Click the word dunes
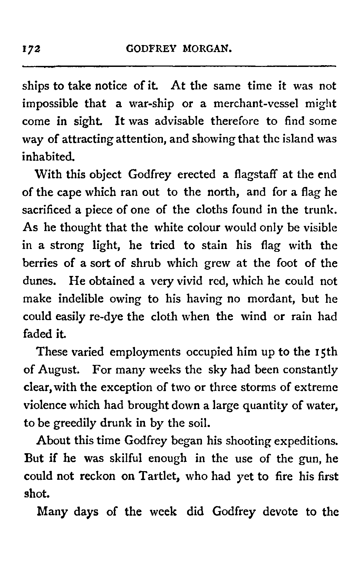click(39, 281)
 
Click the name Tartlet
click(159, 476)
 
